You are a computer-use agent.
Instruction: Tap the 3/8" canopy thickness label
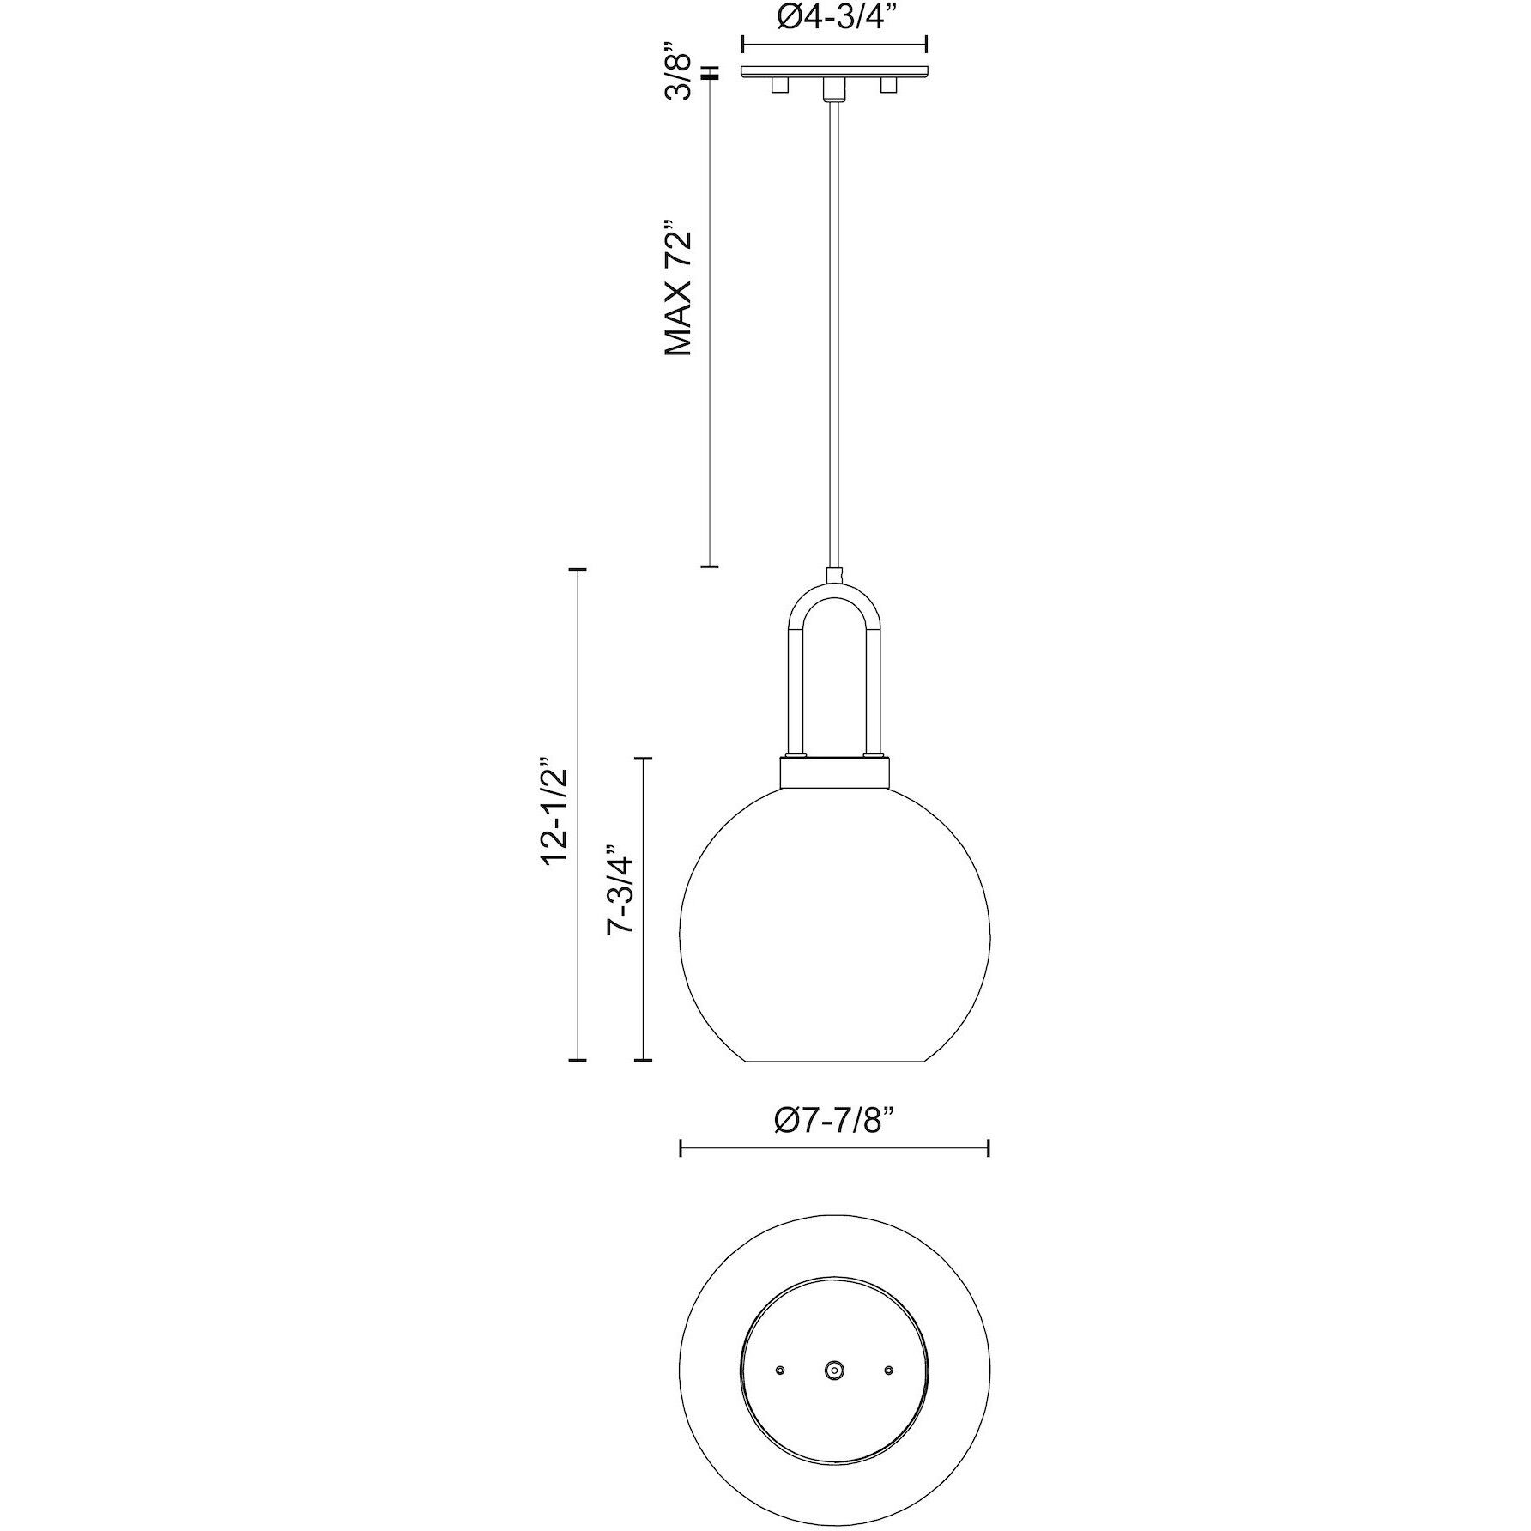coord(681,76)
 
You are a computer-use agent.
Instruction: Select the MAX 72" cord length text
coord(680,293)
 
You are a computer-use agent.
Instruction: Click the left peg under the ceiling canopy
coord(779,86)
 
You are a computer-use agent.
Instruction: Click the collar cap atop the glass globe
coord(834,772)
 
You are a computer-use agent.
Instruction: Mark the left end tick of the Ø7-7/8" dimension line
coord(681,1148)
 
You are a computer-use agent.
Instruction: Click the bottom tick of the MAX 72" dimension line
coord(709,566)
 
